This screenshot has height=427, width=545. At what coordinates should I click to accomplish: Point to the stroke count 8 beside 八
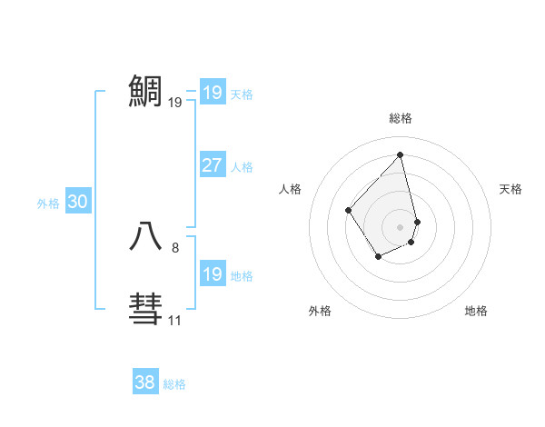pyautogui.click(x=175, y=247)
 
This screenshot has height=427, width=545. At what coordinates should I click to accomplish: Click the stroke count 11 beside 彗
pyautogui.click(x=174, y=320)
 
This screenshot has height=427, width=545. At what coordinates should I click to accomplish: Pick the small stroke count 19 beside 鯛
pyautogui.click(x=174, y=103)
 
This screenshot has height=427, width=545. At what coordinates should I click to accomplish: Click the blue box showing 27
pyautogui.click(x=212, y=165)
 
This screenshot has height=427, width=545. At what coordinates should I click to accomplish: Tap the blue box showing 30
pyautogui.click(x=77, y=202)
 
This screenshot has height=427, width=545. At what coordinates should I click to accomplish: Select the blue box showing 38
pyautogui.click(x=144, y=382)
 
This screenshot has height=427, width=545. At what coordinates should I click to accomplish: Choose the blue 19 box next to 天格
pyautogui.click(x=212, y=93)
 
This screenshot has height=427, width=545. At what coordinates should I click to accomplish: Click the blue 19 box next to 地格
pyautogui.click(x=212, y=274)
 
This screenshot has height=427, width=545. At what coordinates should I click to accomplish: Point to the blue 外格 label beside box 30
pyautogui.click(x=48, y=204)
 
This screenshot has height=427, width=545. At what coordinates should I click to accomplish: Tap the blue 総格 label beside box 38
pyautogui.click(x=174, y=384)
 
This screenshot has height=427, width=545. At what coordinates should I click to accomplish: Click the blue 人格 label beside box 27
pyautogui.click(x=242, y=167)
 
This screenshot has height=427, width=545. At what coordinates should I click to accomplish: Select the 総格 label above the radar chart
pyautogui.click(x=401, y=118)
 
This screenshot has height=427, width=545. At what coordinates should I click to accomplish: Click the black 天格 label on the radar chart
pyautogui.click(x=510, y=189)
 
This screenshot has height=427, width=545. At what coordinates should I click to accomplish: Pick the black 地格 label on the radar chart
pyautogui.click(x=476, y=311)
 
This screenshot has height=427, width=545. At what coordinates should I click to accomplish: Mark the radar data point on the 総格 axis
pyautogui.click(x=401, y=155)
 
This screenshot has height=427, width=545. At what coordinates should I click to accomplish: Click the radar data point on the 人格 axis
pyautogui.click(x=349, y=210)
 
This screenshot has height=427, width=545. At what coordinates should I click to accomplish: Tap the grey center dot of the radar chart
pyautogui.click(x=401, y=226)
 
